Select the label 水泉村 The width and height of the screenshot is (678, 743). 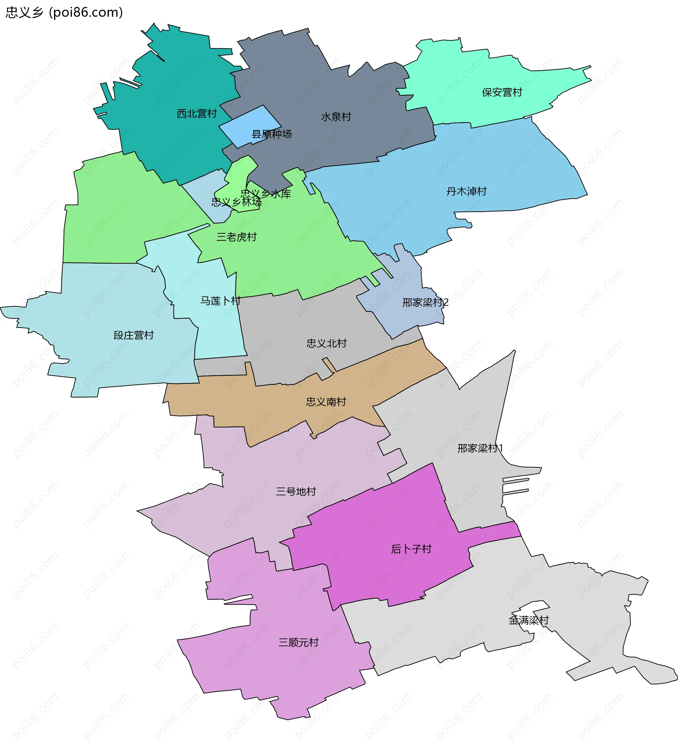click(336, 117)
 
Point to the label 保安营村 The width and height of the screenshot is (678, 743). click(502, 92)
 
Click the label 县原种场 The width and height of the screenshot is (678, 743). click(271, 134)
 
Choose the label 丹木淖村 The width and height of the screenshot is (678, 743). click(466, 191)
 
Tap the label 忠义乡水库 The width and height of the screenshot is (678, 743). click(266, 193)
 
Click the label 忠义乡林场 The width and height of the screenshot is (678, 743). click(236, 202)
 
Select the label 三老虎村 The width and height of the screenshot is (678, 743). click(236, 237)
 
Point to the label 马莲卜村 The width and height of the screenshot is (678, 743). click(220, 301)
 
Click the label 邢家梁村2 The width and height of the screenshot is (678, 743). click(425, 302)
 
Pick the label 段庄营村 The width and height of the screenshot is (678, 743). click(133, 335)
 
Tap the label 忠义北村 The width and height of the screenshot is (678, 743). click(326, 343)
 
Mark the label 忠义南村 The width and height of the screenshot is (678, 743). click(326, 402)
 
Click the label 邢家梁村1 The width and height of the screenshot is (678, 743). click(480, 449)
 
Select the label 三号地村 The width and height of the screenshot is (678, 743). click(296, 492)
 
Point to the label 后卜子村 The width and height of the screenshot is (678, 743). click(411, 549)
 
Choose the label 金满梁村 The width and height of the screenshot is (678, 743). click(529, 620)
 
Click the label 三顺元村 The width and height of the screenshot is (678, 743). click(298, 642)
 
